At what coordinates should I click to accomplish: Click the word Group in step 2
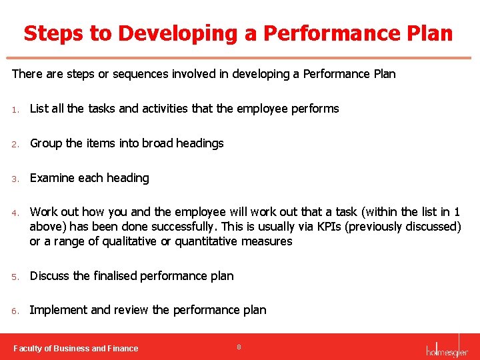47,143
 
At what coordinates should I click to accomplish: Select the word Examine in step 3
52,178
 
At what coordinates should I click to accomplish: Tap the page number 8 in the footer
239,347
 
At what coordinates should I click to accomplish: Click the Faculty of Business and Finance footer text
76,348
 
